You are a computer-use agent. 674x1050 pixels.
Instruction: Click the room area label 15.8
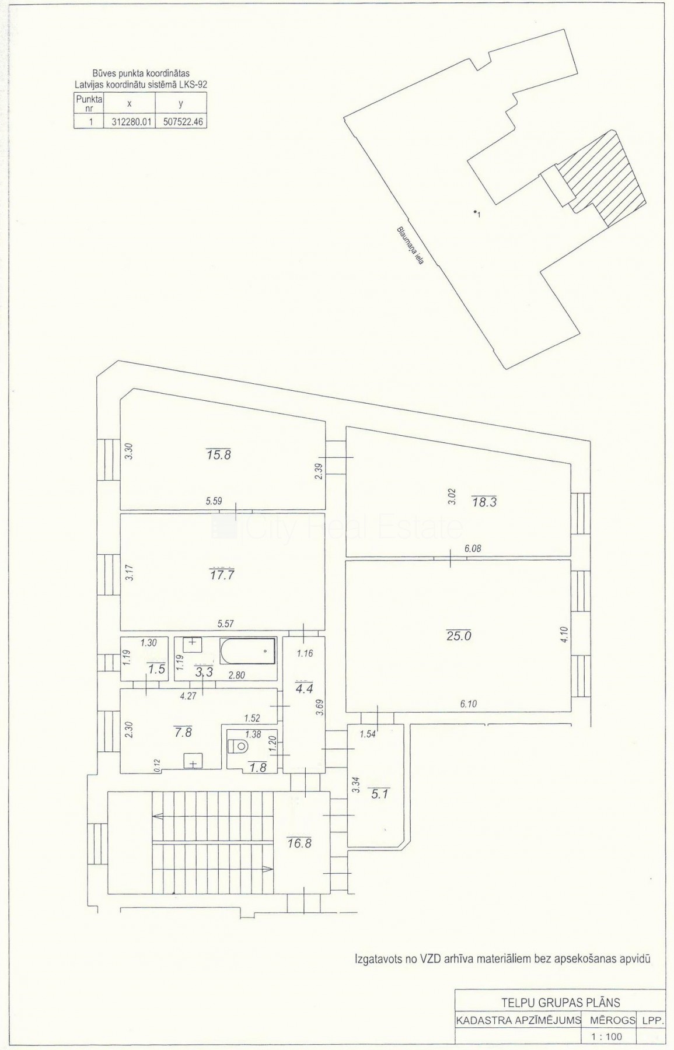pyautogui.click(x=218, y=454)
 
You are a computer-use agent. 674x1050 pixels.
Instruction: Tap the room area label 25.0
pyautogui.click(x=458, y=636)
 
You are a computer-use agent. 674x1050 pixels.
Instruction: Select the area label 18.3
pyautogui.click(x=484, y=501)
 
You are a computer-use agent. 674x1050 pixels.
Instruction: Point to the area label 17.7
pyautogui.click(x=222, y=575)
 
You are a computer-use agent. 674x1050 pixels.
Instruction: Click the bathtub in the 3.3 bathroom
pyautogui.click(x=247, y=650)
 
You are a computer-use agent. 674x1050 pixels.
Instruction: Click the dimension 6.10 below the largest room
pyautogui.click(x=468, y=703)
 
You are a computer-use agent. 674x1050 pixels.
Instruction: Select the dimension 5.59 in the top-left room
pyautogui.click(x=215, y=500)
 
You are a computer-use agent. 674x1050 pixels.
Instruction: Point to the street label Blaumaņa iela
pyautogui.click(x=410, y=246)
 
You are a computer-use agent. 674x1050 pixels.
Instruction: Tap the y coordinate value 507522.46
pyautogui.click(x=181, y=122)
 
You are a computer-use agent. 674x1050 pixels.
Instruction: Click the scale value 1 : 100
pyautogui.click(x=607, y=1036)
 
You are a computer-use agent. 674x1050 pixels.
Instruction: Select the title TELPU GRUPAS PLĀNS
pyautogui.click(x=561, y=1002)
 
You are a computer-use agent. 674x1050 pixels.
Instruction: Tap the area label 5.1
pyautogui.click(x=379, y=793)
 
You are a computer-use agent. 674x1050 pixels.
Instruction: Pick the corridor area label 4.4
pyautogui.click(x=303, y=687)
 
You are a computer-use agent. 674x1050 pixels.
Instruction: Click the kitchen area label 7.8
pyautogui.click(x=183, y=731)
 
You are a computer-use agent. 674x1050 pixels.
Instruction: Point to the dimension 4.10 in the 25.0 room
pyautogui.click(x=563, y=634)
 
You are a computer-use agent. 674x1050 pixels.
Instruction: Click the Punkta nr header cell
pyautogui.click(x=89, y=103)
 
